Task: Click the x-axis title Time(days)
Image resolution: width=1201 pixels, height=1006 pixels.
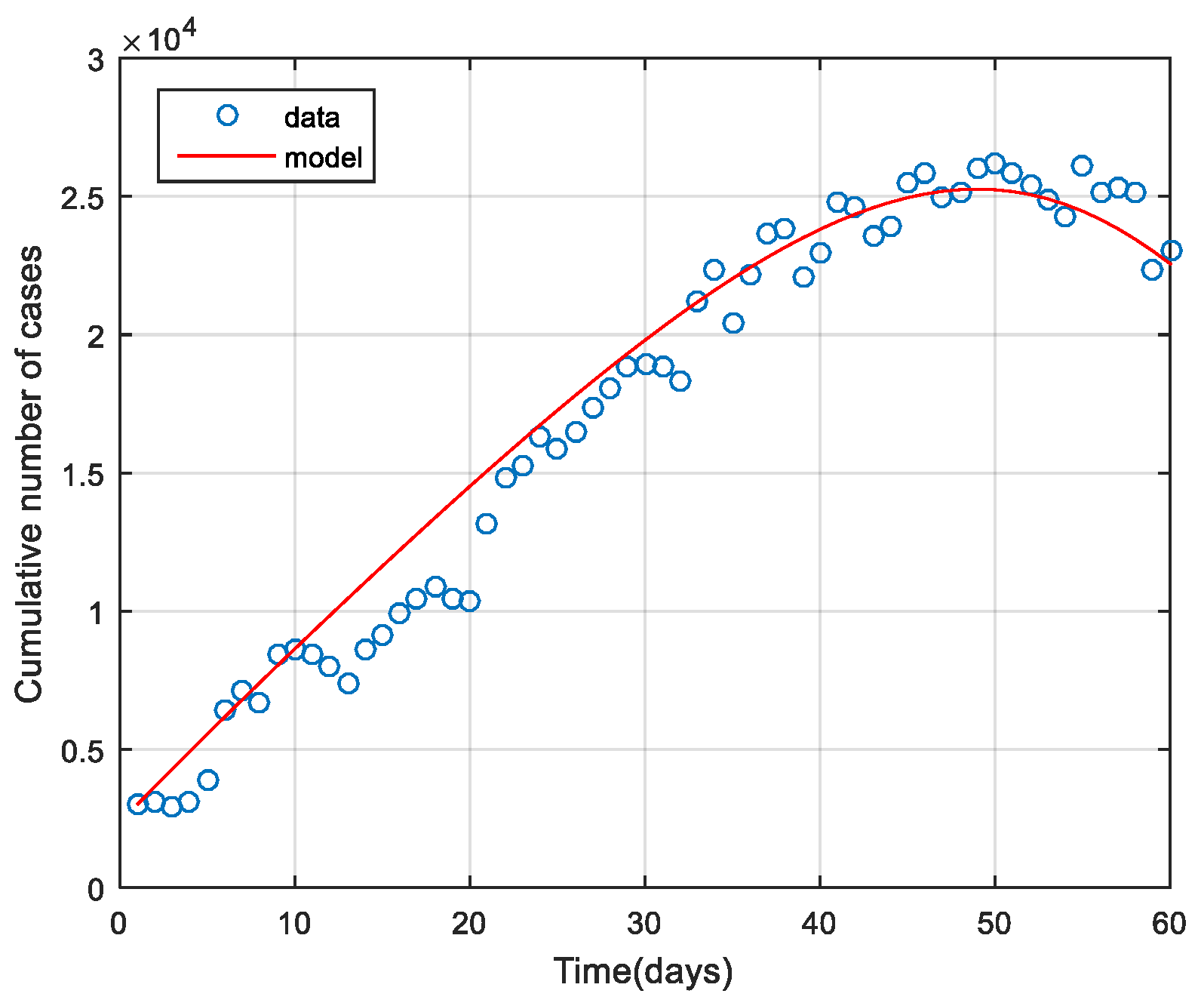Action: [643, 971]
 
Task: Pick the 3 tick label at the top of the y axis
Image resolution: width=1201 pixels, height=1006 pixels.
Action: [95, 61]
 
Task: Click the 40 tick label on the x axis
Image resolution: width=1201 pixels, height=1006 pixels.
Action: [819, 923]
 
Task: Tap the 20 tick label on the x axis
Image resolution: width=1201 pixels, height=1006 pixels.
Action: [469, 923]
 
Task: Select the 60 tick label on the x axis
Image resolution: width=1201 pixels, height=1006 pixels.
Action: [1169, 923]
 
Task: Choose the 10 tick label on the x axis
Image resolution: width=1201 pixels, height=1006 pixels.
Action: [294, 923]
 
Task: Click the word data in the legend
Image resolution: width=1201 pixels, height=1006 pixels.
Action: [312, 118]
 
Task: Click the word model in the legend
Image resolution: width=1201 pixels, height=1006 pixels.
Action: [324, 157]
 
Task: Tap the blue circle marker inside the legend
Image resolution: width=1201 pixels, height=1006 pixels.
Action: [227, 115]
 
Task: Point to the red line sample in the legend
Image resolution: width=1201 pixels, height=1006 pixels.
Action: [226, 155]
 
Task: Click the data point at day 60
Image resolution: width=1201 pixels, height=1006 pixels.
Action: [1171, 251]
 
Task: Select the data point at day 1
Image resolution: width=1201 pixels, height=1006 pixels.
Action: [137, 804]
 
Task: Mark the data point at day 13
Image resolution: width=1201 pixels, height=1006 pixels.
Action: [348, 683]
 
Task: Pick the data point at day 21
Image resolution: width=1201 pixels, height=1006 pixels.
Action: [487, 524]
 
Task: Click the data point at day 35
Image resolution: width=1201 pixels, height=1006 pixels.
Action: [733, 323]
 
